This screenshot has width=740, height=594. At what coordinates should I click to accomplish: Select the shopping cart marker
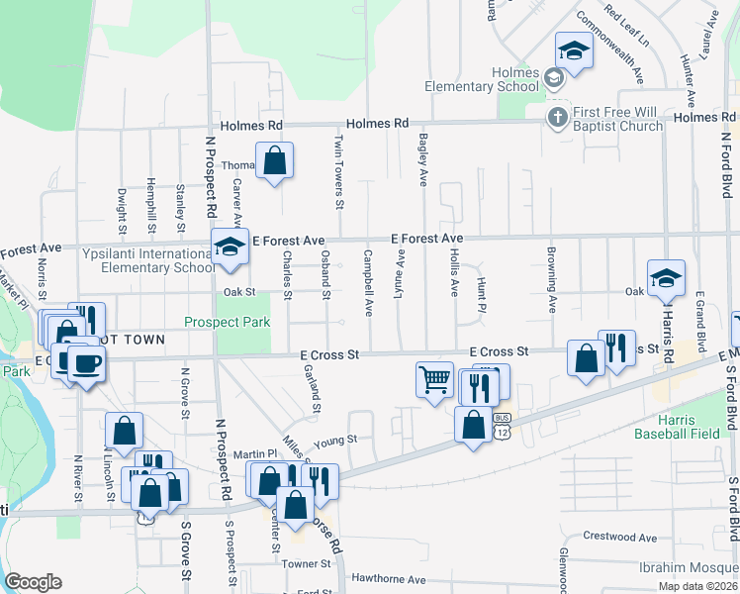click(x=435, y=379)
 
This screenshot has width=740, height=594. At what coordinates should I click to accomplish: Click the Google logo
click(x=33, y=582)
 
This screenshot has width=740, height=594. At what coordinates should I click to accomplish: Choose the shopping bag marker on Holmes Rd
click(x=274, y=160)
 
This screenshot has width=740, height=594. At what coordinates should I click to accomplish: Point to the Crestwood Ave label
click(x=620, y=538)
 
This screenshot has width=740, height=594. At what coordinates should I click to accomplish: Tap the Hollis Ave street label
click(x=455, y=273)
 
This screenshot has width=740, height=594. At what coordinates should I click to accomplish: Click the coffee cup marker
click(x=86, y=363)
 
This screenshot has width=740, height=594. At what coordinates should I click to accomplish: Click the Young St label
click(x=334, y=440)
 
